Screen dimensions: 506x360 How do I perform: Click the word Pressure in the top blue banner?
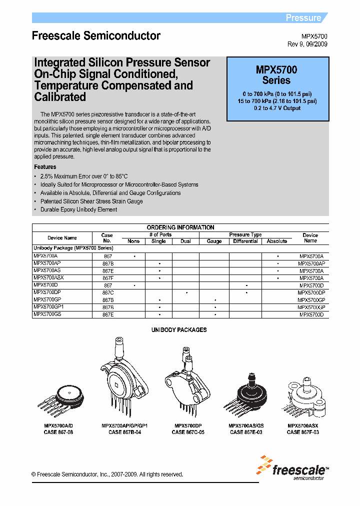(303, 18)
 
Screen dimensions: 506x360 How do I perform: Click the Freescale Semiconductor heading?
(96, 36)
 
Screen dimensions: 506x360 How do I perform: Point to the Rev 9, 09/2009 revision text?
(307, 44)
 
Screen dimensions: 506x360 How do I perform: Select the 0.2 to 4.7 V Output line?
(277, 108)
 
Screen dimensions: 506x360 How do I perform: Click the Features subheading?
(45, 167)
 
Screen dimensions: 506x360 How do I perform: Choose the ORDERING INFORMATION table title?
(180, 227)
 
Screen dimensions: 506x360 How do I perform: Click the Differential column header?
(245, 241)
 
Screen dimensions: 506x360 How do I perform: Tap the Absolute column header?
(277, 241)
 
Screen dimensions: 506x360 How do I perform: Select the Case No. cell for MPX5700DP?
(108, 292)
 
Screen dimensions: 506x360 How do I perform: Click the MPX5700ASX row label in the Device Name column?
(48, 278)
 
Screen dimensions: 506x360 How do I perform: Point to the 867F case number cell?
(108, 278)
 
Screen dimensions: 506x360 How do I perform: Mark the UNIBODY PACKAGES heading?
(179, 330)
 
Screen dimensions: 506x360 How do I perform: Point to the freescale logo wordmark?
(299, 469)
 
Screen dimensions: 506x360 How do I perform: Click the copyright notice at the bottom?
(107, 474)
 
